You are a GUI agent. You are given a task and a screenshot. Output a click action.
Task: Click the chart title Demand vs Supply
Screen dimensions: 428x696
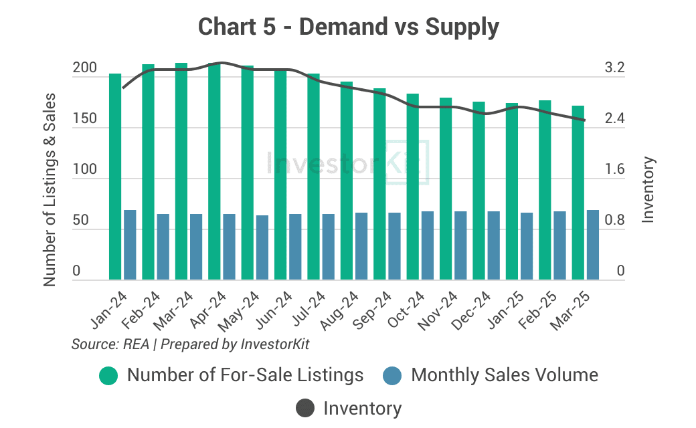click(x=349, y=27)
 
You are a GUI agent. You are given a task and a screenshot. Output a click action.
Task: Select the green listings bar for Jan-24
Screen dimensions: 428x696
click(x=115, y=177)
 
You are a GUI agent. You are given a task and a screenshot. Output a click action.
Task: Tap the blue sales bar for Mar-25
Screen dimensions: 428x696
click(x=593, y=245)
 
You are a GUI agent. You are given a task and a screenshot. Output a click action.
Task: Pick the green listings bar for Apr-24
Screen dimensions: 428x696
click(x=214, y=172)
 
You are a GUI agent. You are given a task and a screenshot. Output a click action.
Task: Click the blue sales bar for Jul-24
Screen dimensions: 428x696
click(x=329, y=247)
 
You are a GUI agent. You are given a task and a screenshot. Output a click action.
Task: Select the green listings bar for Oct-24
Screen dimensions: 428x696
click(x=413, y=187)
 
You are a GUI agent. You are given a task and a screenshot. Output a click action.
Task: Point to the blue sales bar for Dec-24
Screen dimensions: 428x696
click(x=494, y=246)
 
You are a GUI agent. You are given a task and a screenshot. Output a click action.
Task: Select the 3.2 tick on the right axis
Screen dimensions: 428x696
click(x=614, y=68)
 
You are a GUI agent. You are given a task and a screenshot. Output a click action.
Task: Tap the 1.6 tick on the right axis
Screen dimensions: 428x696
click(x=614, y=170)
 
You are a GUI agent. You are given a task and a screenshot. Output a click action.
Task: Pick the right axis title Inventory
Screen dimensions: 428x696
click(x=648, y=189)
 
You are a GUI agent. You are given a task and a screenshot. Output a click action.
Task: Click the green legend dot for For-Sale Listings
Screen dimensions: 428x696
click(x=108, y=376)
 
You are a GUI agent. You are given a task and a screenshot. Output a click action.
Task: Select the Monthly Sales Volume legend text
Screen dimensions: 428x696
click(x=505, y=374)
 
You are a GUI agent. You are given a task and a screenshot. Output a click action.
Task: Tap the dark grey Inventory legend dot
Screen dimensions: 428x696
click(x=304, y=408)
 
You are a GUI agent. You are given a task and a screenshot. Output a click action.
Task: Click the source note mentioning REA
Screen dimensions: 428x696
click(x=191, y=344)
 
